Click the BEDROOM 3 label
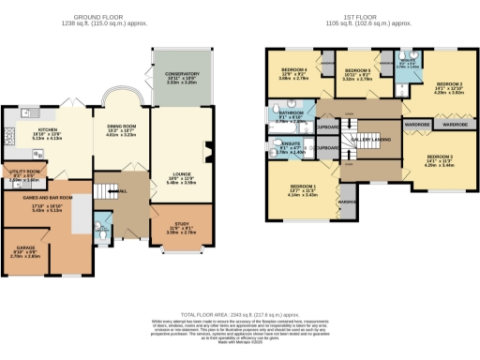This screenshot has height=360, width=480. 440,157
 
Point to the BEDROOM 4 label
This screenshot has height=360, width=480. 294,71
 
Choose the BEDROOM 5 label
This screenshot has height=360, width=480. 358,71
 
